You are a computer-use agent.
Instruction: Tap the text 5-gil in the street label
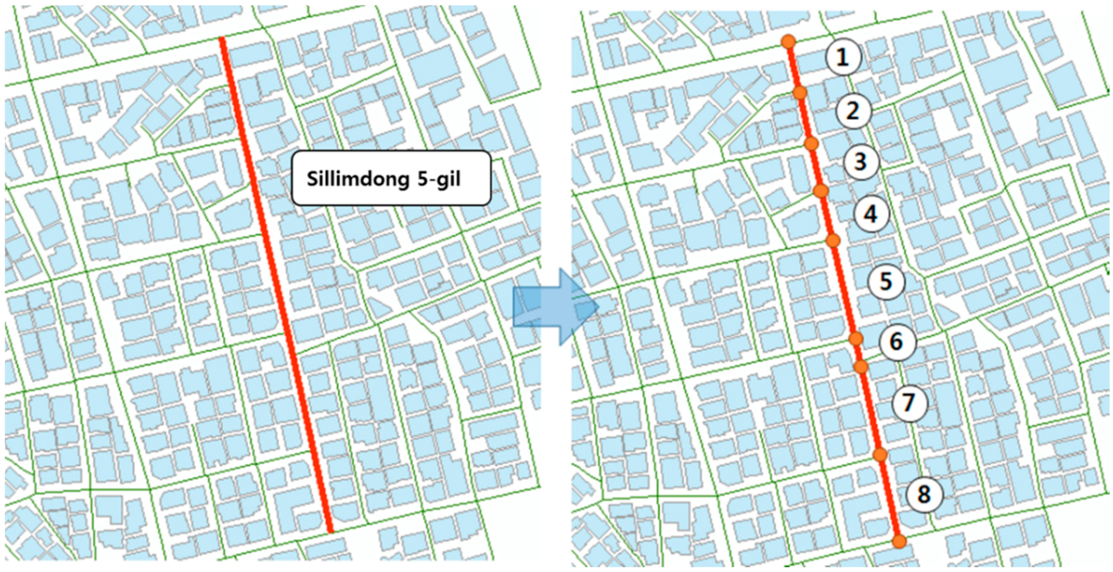439,179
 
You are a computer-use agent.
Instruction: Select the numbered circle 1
842,57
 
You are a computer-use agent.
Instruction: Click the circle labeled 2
853,110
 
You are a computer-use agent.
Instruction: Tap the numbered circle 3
861,162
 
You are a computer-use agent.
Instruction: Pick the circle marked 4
872,214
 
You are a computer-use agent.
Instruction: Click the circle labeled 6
897,342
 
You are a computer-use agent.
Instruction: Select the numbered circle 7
909,403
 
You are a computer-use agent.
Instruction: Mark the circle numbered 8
924,494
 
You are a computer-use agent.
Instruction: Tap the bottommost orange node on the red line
899,541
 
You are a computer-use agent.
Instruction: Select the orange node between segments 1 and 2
800,92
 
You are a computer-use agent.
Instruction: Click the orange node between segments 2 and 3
811,143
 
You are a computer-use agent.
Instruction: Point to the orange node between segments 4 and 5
833,240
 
